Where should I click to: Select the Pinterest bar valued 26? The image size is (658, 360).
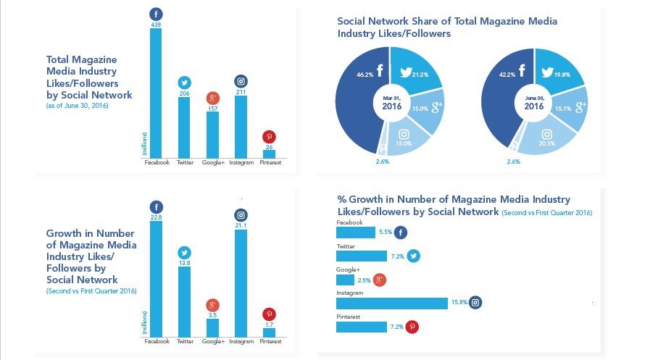click(x=269, y=154)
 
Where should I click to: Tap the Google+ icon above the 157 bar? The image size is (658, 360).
click(x=212, y=99)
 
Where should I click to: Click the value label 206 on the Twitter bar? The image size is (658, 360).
click(x=184, y=94)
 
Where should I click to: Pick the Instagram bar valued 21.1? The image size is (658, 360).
click(x=241, y=282)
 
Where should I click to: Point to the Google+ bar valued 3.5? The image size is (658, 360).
click(x=212, y=327)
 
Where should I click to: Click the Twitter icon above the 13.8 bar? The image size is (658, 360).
click(x=184, y=253)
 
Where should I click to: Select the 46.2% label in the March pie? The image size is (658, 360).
click(x=365, y=75)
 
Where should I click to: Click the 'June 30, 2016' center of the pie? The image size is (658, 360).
click(x=534, y=102)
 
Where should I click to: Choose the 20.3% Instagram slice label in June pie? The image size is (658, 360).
click(x=546, y=143)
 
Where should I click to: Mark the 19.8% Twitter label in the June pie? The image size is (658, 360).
click(x=562, y=74)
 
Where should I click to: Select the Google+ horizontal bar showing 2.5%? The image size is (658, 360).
click(x=346, y=280)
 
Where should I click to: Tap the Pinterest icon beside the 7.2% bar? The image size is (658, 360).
click(x=412, y=327)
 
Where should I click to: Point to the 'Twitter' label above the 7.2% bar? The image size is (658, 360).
click(x=346, y=246)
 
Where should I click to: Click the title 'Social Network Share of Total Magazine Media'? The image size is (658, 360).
click(x=447, y=21)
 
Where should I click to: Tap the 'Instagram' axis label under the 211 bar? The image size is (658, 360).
click(x=241, y=163)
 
